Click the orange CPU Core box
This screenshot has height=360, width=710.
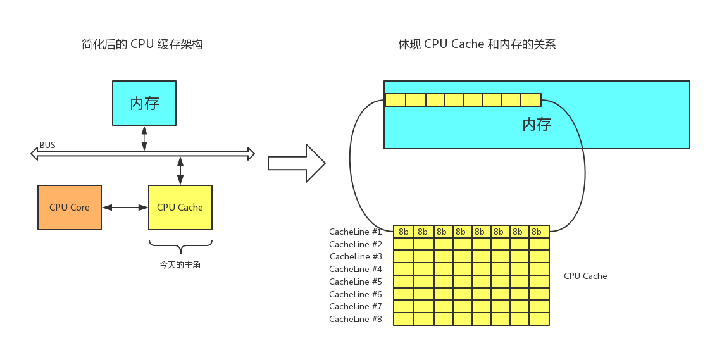(x=70, y=208)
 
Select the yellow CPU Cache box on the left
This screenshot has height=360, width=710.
(x=180, y=208)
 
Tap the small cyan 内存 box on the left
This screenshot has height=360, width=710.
(x=144, y=103)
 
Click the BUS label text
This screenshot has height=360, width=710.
(x=47, y=145)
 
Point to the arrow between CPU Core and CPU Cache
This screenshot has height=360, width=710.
(x=125, y=208)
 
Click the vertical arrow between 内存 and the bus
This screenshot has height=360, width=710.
(x=144, y=139)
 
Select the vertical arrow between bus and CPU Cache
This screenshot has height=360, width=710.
(x=180, y=170)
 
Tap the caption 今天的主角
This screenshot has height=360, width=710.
(x=180, y=265)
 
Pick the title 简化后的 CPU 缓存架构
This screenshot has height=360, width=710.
(x=142, y=44)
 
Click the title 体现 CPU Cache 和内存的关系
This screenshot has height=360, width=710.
(x=476, y=44)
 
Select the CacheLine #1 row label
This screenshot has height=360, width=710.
(x=355, y=232)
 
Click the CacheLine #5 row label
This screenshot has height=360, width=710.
(x=355, y=282)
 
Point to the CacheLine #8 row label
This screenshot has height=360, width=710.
(x=355, y=319)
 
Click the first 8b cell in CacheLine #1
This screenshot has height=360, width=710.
(x=404, y=232)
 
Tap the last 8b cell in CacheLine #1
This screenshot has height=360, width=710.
(x=539, y=232)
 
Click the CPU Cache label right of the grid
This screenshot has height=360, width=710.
(x=585, y=276)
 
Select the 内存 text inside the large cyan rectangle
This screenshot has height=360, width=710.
(x=537, y=124)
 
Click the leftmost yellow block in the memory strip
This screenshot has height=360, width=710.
(x=395, y=100)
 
